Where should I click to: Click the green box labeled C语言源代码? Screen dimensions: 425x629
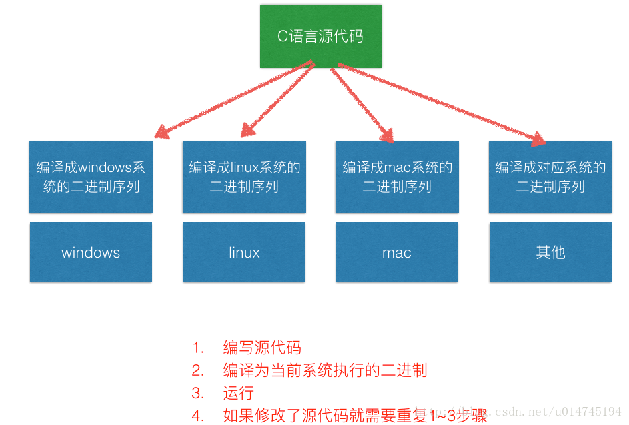click(x=320, y=36)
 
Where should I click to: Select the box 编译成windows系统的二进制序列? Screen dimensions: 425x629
click(x=91, y=177)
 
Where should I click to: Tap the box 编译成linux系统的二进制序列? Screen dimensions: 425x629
click(x=244, y=177)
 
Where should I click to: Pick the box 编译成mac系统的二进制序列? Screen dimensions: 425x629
click(x=397, y=177)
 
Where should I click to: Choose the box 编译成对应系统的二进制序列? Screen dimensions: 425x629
click(x=550, y=177)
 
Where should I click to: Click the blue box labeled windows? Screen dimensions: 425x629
click(x=91, y=252)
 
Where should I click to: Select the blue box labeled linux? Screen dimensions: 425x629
click(x=244, y=252)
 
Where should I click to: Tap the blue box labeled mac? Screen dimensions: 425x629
click(x=397, y=252)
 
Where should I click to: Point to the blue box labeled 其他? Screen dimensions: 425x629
click(x=550, y=252)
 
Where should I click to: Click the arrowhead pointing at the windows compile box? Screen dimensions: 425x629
click(x=161, y=132)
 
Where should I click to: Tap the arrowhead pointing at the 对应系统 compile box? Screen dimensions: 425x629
click(x=536, y=138)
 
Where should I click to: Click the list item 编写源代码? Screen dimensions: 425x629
click(x=262, y=348)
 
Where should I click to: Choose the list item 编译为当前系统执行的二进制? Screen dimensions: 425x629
click(x=325, y=370)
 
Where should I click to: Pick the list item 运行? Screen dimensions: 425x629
click(x=238, y=393)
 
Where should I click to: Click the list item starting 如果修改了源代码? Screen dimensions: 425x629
click(x=355, y=416)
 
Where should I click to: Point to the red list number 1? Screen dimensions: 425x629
click(x=197, y=348)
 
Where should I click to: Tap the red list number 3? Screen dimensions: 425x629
click(x=197, y=393)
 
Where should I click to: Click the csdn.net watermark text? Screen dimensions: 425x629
click(x=533, y=412)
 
